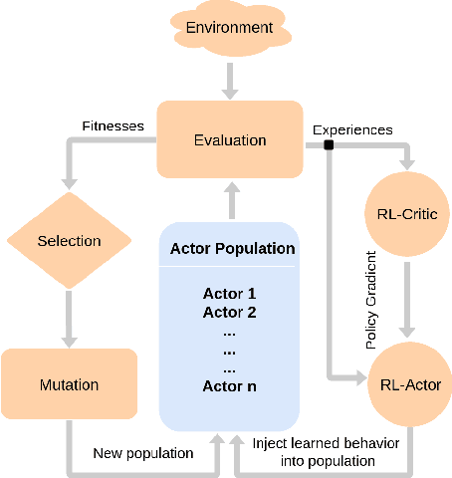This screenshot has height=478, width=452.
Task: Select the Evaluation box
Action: pos(230,138)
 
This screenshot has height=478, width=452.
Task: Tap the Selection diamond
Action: pos(69,241)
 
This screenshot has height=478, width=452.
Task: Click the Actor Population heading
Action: pos(232,248)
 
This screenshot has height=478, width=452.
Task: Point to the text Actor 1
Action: pos(230,294)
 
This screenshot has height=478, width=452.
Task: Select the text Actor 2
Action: pos(230,312)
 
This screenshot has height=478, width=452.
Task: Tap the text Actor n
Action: pos(230,385)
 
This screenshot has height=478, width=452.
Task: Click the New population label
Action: pos(143,453)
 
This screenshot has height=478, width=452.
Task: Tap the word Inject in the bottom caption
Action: pos(271,443)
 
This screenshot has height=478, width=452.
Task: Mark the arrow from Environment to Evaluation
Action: pos(229,80)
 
